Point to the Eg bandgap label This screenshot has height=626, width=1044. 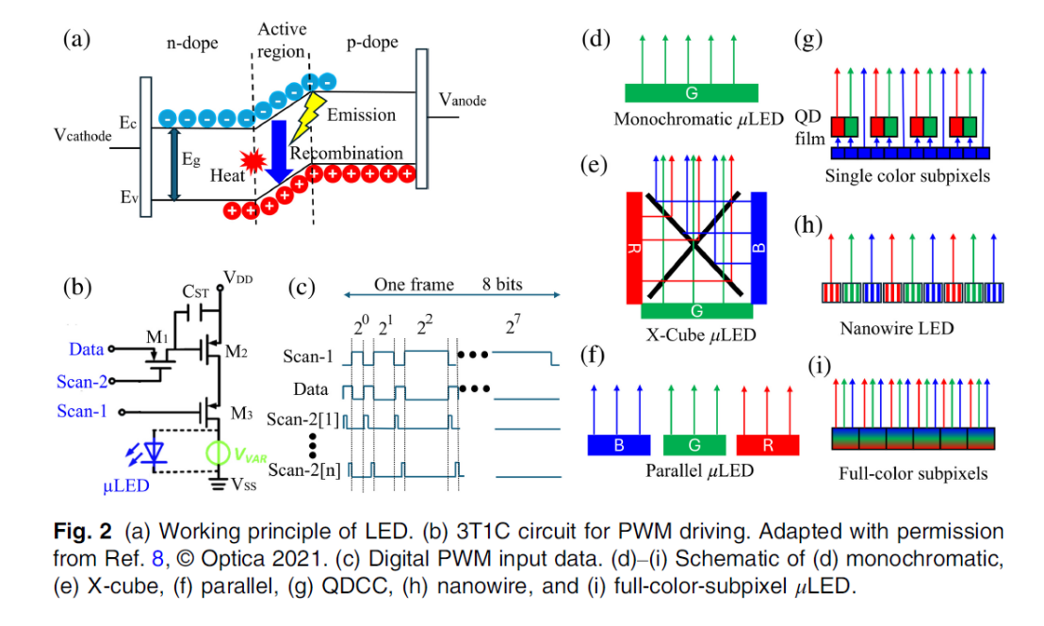click(192, 161)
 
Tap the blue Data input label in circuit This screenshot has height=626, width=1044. click(86, 350)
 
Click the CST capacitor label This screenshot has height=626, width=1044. click(196, 294)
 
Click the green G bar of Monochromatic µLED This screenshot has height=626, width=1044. click(692, 92)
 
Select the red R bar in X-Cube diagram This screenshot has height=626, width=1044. click(633, 247)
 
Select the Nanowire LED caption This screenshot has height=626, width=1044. click(896, 328)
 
